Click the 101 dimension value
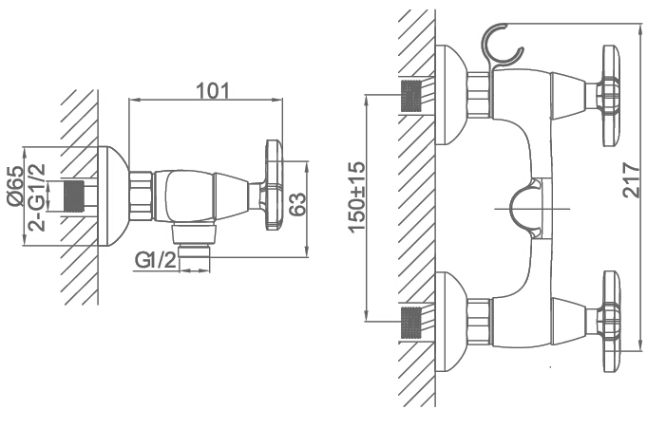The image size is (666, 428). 212,90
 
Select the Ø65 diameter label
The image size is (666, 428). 15,186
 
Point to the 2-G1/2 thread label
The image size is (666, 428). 36,196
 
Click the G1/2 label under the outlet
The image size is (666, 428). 155,260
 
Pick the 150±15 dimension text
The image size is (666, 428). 356,196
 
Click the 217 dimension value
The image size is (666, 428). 631,180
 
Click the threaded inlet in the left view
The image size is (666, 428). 73,196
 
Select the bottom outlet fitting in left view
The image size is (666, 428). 194,241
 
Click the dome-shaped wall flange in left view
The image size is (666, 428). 113,196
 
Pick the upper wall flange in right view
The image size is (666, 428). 450,95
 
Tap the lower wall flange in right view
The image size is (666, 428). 450,322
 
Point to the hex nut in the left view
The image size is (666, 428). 141,196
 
